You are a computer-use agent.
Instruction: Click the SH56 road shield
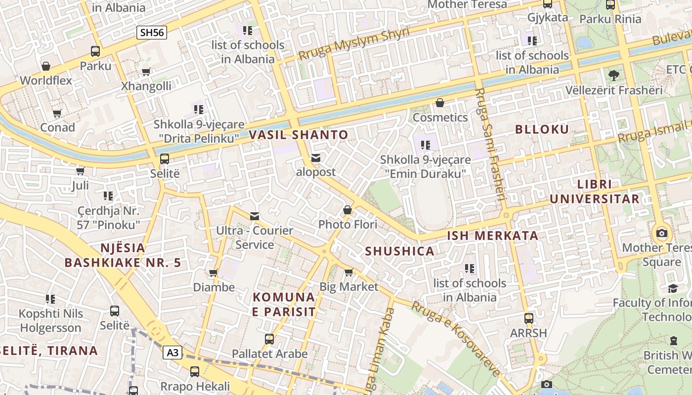click(152, 33)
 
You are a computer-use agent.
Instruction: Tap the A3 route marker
click(173, 353)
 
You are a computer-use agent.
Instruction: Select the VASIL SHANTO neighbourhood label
click(298, 134)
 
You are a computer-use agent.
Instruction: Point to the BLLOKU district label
click(542, 129)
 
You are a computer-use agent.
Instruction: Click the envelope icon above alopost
click(316, 158)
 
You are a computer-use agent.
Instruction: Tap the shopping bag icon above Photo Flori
click(347, 210)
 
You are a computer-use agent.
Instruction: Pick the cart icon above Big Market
click(349, 272)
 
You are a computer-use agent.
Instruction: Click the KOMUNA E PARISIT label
click(284, 304)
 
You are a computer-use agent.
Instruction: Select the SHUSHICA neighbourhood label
click(399, 251)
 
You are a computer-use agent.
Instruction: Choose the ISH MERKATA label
click(492, 235)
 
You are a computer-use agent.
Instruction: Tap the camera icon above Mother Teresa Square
click(661, 233)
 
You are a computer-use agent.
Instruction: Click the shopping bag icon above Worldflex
click(46, 66)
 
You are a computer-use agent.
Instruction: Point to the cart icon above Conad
click(57, 113)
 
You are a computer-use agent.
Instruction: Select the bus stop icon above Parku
click(95, 51)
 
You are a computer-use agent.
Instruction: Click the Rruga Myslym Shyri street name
click(354, 44)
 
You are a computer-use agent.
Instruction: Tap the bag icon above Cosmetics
click(440, 103)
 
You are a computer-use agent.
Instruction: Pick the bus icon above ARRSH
click(529, 318)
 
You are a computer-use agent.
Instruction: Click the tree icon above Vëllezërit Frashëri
click(613, 76)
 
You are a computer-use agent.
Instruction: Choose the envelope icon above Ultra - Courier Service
click(255, 216)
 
